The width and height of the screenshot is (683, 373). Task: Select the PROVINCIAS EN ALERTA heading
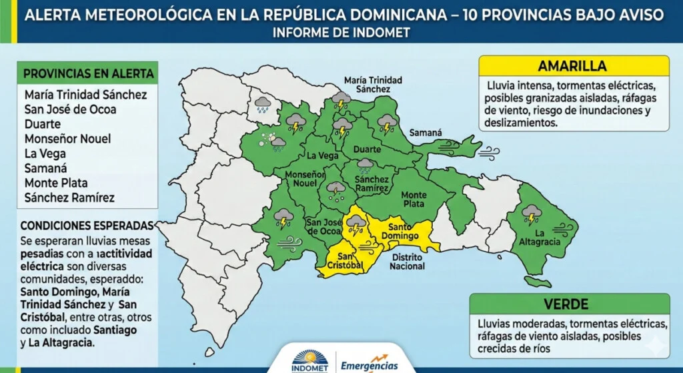pos(88,73)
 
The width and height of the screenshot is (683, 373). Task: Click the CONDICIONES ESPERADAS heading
pos(87,226)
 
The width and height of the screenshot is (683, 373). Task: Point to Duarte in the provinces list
pos(42,124)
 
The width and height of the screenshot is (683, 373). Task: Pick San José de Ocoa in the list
pos(70,109)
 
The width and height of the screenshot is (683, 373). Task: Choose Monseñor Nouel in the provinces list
pos(67,139)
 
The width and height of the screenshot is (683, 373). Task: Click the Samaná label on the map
pos(425,133)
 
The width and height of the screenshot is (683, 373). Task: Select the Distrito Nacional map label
pos(408,262)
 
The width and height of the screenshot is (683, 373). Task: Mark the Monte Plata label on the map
pos(414,200)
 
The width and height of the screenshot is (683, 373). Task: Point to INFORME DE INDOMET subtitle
pos(341,32)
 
